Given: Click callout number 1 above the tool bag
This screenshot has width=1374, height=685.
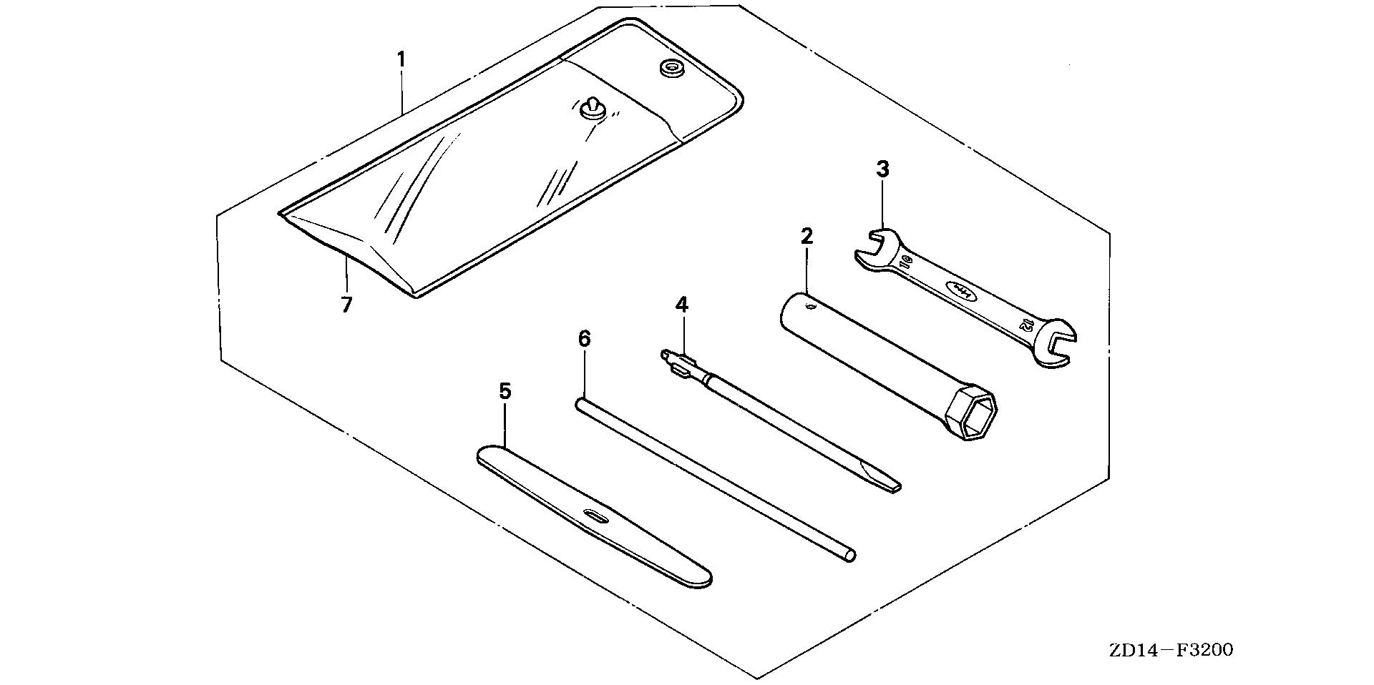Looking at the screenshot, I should (401, 59).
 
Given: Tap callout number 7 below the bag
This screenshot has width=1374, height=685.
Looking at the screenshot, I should (346, 305).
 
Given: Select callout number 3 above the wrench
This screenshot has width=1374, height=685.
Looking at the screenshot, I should (882, 169).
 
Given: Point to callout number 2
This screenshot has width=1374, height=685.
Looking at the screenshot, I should (807, 236).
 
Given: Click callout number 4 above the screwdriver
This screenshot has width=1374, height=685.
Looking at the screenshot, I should (681, 305).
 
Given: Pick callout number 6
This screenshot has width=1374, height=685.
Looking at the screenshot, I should (585, 339).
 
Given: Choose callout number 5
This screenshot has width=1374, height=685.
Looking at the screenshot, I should (505, 391).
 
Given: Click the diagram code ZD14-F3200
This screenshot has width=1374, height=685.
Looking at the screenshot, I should (1171, 650).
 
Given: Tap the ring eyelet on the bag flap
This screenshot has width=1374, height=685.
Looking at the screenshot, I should (671, 69).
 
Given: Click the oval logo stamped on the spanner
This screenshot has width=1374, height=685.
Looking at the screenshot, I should (960, 289).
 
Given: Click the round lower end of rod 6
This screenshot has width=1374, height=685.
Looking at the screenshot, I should (849, 556).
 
